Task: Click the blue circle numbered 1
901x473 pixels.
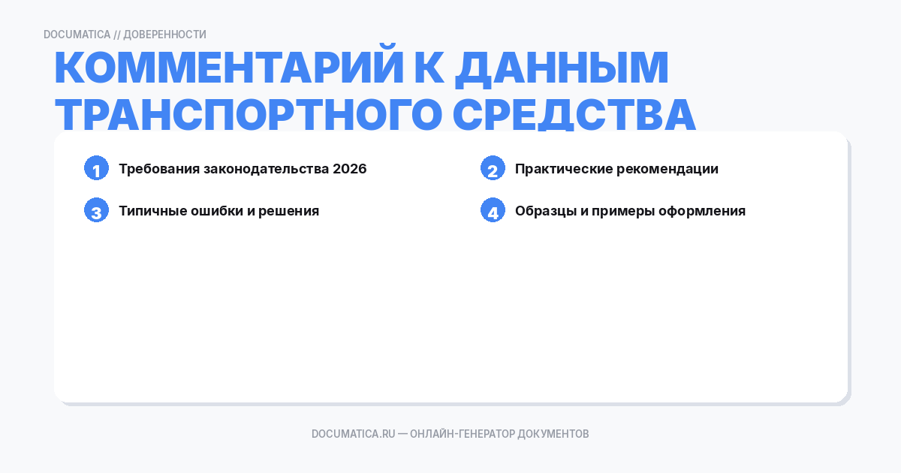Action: pos(97,169)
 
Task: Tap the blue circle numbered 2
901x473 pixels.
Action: pos(493,169)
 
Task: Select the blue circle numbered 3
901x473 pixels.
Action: pos(97,211)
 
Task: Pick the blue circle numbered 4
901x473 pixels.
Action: pos(493,211)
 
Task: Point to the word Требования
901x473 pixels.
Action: pos(158,169)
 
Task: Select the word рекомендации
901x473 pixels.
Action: pos(667,169)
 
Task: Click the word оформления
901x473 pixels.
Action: pos(702,211)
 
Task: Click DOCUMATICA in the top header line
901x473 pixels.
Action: pos(77,35)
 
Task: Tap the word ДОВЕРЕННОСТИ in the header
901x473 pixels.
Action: pos(164,35)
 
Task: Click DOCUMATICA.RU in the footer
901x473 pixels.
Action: pos(353,434)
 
